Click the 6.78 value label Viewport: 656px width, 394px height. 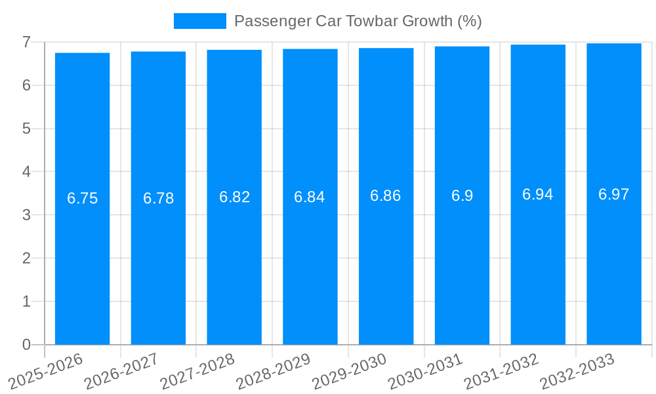tap(158, 198)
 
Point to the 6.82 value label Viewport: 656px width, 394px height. tap(234, 197)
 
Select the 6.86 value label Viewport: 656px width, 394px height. tap(386, 196)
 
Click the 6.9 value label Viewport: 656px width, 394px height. tap(462, 196)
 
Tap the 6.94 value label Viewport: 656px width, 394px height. tap(538, 194)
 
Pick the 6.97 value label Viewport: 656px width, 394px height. tap(614, 194)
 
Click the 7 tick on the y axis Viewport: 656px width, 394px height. tap(26, 42)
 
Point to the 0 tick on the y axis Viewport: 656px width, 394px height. tap(26, 345)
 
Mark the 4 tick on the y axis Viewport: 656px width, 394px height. tap(26, 171)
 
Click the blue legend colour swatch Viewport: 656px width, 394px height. tap(199, 21)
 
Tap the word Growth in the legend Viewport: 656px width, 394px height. tap(427, 21)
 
